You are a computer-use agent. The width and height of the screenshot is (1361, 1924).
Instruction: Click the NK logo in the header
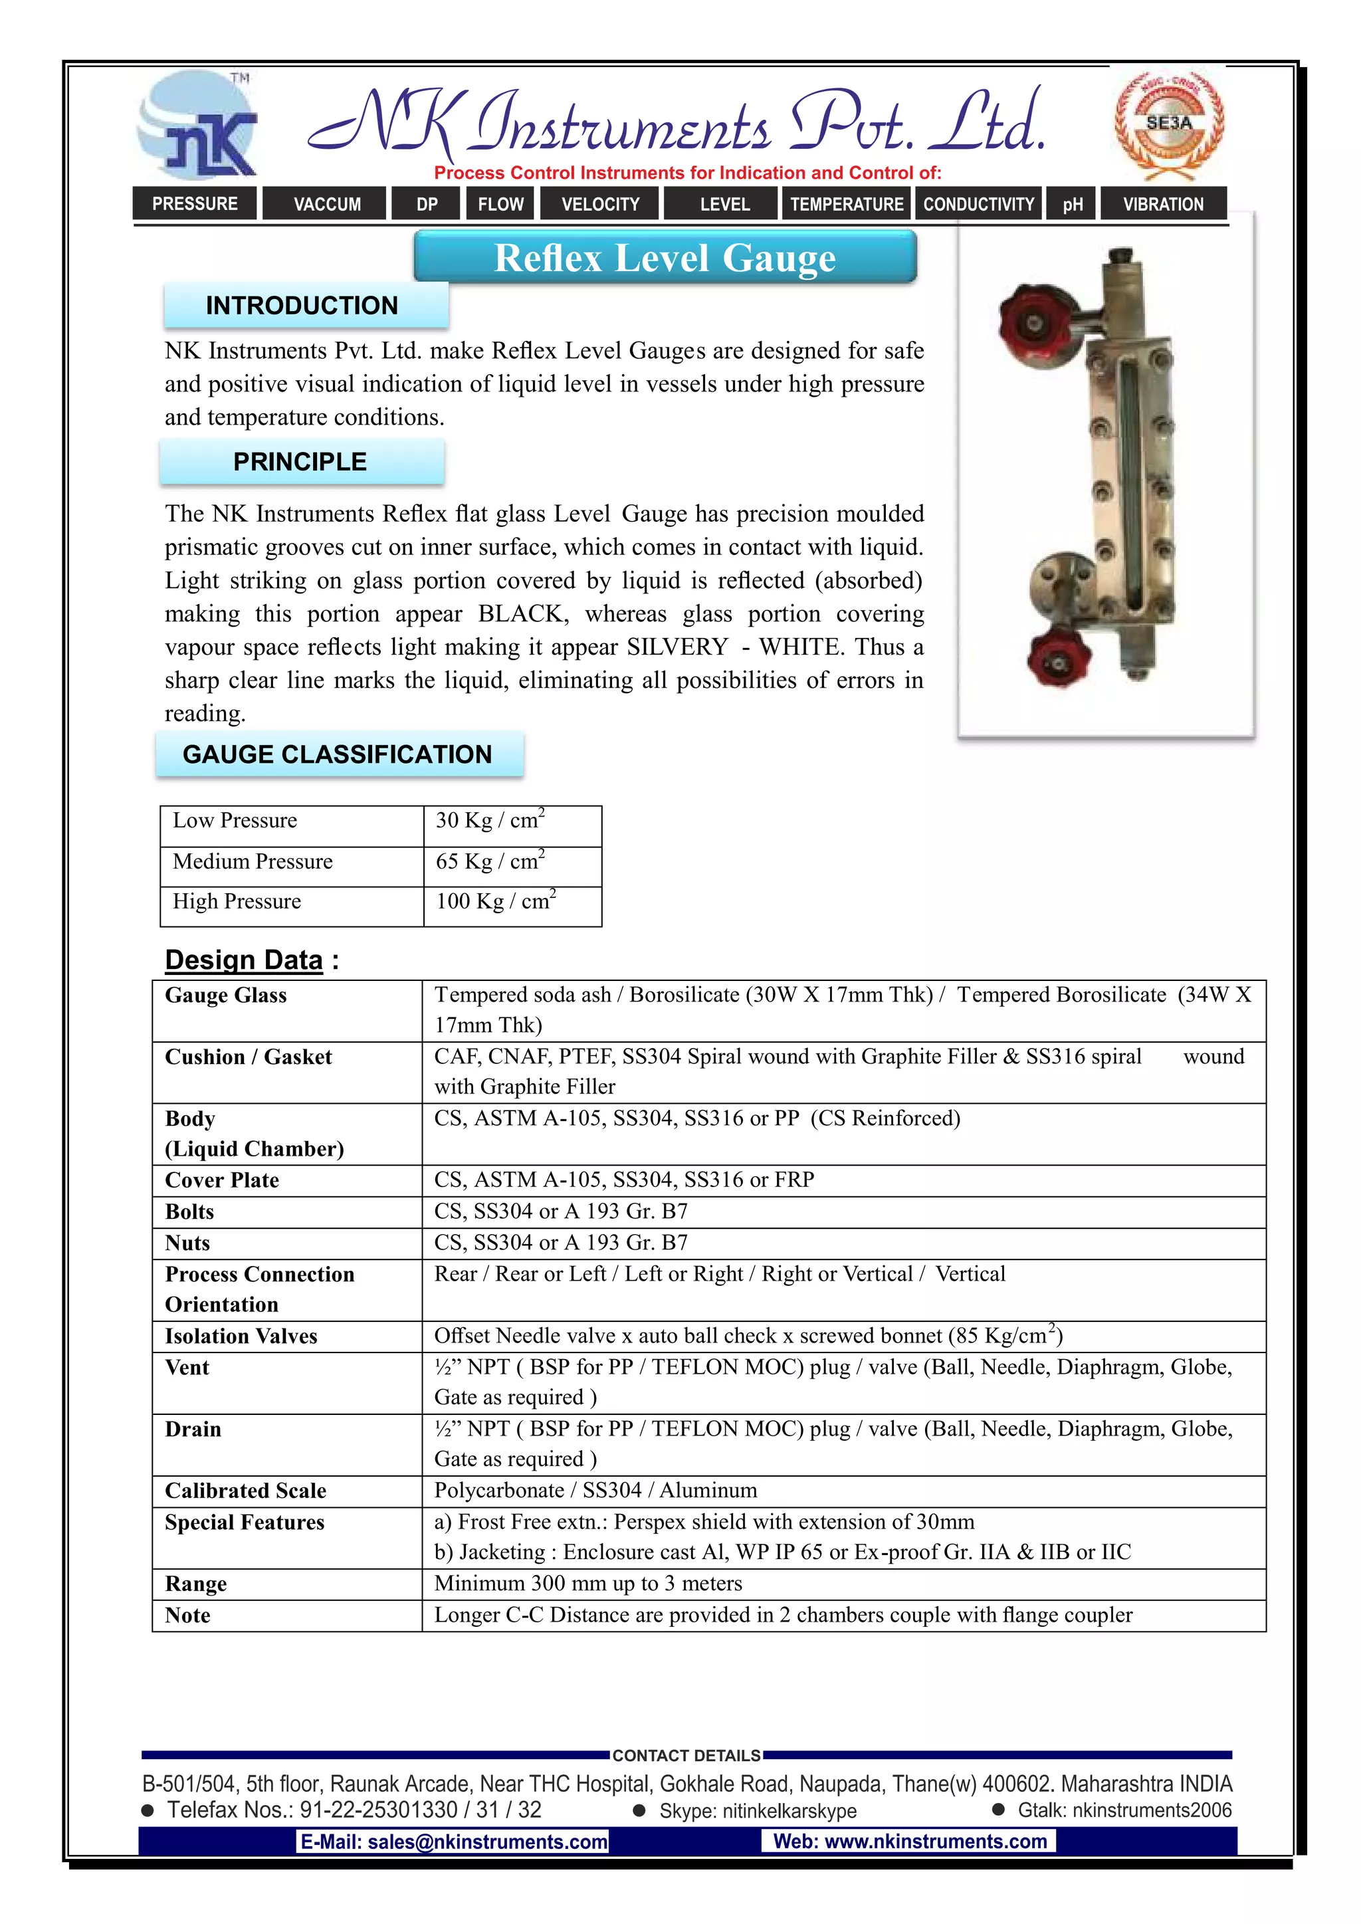pyautogui.click(x=198, y=126)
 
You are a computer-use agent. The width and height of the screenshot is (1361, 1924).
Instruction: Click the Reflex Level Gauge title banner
pyautogui.click(x=665, y=257)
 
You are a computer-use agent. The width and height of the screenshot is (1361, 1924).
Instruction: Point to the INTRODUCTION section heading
pyautogui.click(x=302, y=306)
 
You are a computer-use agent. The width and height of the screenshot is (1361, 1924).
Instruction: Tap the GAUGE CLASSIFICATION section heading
pyautogui.click(x=338, y=754)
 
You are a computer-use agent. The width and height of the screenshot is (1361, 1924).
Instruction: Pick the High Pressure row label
pyautogui.click(x=237, y=902)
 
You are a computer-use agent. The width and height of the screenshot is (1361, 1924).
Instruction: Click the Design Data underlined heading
pyautogui.click(x=244, y=960)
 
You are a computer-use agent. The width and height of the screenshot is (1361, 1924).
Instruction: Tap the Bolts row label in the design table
pyautogui.click(x=189, y=1212)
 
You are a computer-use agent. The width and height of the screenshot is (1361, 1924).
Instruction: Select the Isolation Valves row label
pyautogui.click(x=241, y=1336)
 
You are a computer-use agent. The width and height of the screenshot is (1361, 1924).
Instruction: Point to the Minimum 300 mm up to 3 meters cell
pyautogui.click(x=587, y=1584)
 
